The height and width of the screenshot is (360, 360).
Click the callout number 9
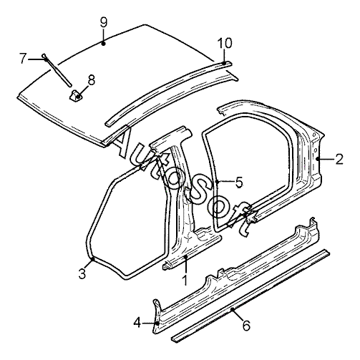104,23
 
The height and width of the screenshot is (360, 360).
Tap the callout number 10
225,43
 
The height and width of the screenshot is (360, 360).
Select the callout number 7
23,59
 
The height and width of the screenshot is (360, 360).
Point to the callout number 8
92,80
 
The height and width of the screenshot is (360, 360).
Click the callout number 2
339,159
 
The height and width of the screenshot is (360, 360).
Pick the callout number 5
239,182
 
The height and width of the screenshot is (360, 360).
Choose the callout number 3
82,273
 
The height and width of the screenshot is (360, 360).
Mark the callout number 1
185,280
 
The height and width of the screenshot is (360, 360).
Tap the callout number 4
137,323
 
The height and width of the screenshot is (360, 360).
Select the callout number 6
246,326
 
